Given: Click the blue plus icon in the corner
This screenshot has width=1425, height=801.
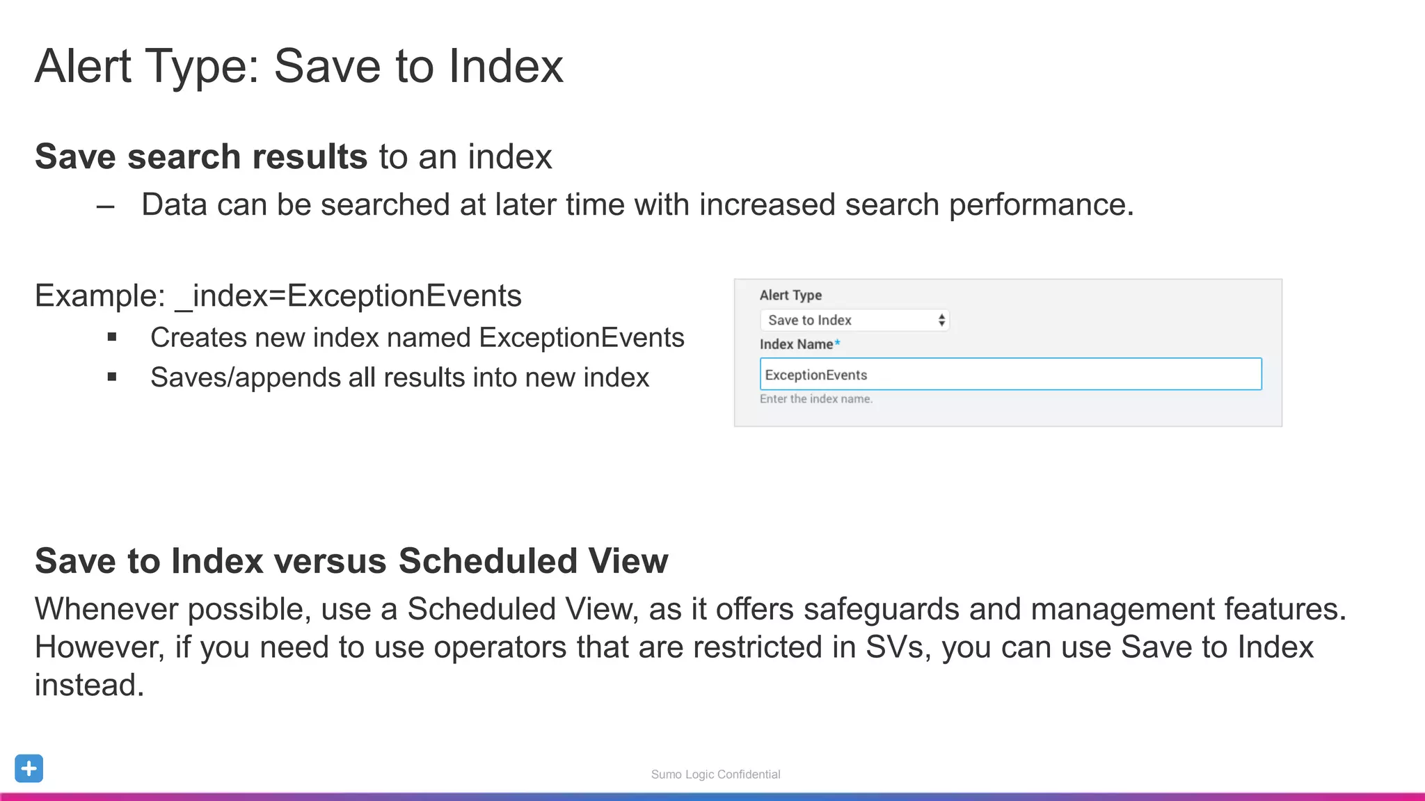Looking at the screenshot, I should coord(29,768).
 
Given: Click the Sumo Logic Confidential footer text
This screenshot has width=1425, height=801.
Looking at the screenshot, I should coord(715,775).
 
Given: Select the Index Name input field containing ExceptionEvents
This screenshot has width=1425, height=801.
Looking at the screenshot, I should coord(1010,374).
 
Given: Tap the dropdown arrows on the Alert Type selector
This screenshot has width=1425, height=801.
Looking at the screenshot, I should coord(941,320).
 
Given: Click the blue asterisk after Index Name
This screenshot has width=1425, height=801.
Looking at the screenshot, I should coord(838,343).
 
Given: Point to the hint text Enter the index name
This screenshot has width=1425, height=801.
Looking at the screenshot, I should coord(815,399).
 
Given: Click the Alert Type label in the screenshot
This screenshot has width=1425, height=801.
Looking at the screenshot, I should coord(790,296).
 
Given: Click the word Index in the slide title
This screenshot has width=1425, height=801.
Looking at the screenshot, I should coord(506,67).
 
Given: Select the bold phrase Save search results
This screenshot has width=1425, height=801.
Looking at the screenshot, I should coord(201,156).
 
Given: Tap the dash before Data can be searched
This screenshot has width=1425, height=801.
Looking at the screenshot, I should coord(106,207).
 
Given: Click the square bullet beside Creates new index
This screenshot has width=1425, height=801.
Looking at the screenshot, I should coord(112,338).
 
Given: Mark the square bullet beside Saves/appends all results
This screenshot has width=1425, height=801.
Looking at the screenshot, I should coord(112,378).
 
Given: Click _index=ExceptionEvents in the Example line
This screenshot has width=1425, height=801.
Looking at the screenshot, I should coord(349,296).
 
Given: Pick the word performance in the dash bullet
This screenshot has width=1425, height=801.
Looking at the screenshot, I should coord(1041,205).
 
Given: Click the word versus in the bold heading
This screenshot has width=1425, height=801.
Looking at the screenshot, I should coord(331,561).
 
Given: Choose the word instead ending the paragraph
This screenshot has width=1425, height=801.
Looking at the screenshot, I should coord(89,686).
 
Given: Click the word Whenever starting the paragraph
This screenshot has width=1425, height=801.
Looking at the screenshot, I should coord(106,609).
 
